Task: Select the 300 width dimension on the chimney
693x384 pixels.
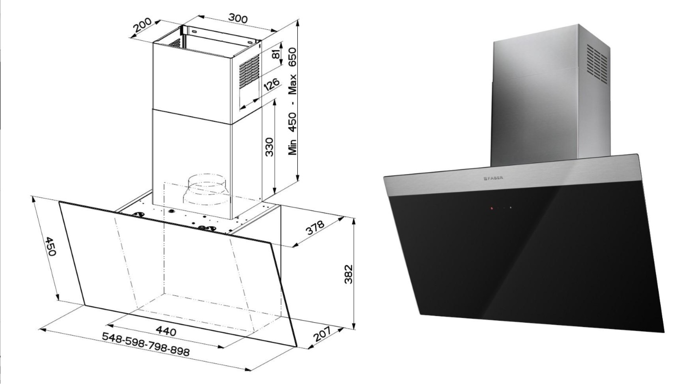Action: pos(237,19)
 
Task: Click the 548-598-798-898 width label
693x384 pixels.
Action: pos(146,344)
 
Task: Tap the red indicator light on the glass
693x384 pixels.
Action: pos(492,209)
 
